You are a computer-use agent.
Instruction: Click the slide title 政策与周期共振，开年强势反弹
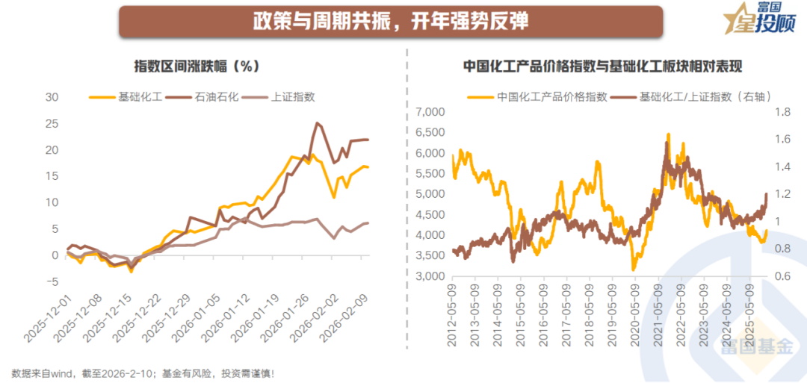click(x=391, y=22)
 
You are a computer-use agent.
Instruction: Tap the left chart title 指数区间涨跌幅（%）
click(x=196, y=66)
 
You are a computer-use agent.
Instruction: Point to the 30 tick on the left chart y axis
click(x=52, y=97)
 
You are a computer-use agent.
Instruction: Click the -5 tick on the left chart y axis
click(x=53, y=281)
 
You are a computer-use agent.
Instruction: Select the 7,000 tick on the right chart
click(x=430, y=112)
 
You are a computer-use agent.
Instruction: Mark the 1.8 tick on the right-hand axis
click(x=781, y=112)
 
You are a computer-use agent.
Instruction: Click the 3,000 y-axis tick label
click(x=430, y=276)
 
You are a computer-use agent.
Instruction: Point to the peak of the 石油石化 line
click(x=318, y=123)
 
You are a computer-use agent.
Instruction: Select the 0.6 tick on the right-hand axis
click(x=781, y=276)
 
